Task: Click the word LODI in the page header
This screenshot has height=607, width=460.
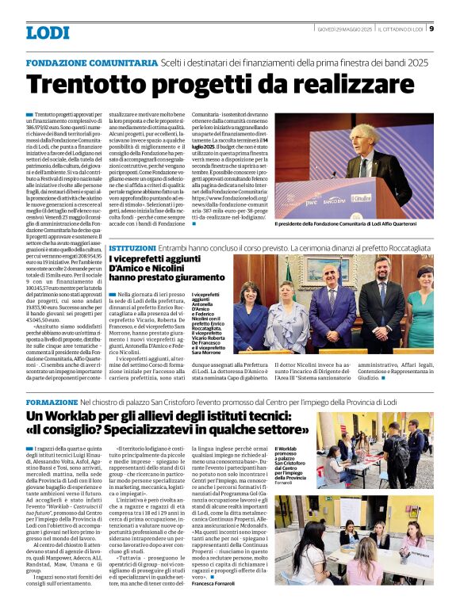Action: (x=48, y=32)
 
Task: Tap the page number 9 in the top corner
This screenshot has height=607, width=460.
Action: (x=431, y=29)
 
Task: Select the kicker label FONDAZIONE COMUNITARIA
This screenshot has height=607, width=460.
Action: (x=91, y=62)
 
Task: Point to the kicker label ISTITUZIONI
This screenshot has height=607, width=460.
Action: (x=132, y=248)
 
